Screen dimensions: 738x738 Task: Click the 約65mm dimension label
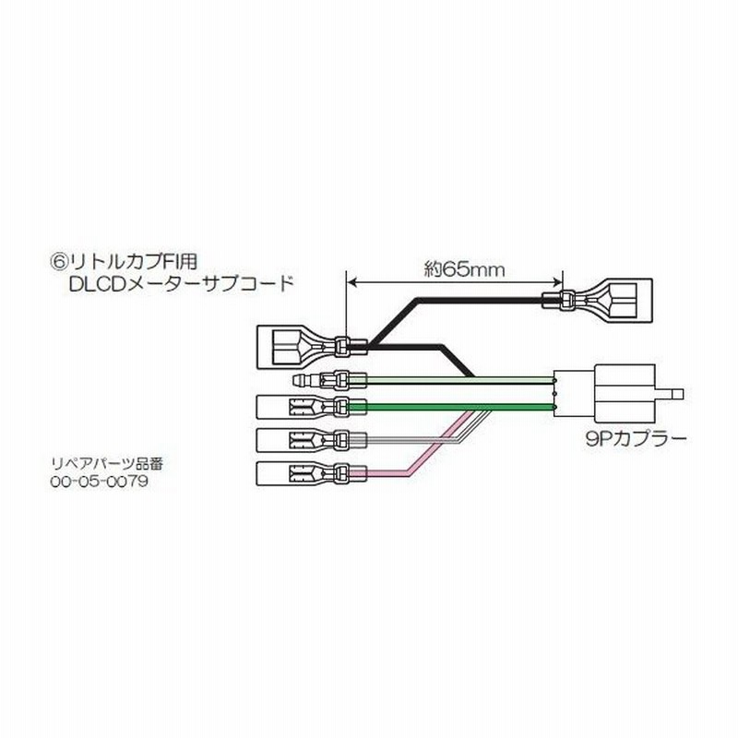pyautogui.click(x=464, y=269)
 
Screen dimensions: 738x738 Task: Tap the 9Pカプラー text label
pyautogui.click(x=637, y=439)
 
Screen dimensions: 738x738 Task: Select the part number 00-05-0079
pyautogui.click(x=100, y=481)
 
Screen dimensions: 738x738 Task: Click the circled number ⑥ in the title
pyautogui.click(x=59, y=262)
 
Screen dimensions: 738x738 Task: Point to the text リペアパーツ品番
pyautogui.click(x=107, y=464)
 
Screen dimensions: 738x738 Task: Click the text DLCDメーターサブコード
pyautogui.click(x=181, y=284)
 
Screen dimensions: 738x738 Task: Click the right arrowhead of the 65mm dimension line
pyautogui.click(x=557, y=282)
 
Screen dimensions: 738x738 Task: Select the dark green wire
pyautogui.click(x=451, y=407)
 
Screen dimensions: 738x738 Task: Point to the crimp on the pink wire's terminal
pyautogui.click(x=340, y=474)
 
